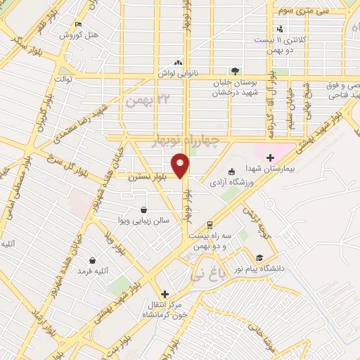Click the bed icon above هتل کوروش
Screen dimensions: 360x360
click(x=79, y=24)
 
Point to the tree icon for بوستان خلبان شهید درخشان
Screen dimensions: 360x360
click(x=235, y=71)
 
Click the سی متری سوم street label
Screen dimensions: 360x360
click(x=302, y=11)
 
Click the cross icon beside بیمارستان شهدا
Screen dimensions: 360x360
click(x=270, y=157)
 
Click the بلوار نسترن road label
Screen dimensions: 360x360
click(x=149, y=178)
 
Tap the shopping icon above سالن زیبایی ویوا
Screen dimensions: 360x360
click(x=143, y=210)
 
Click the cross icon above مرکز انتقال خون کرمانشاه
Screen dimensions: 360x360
click(x=165, y=294)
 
